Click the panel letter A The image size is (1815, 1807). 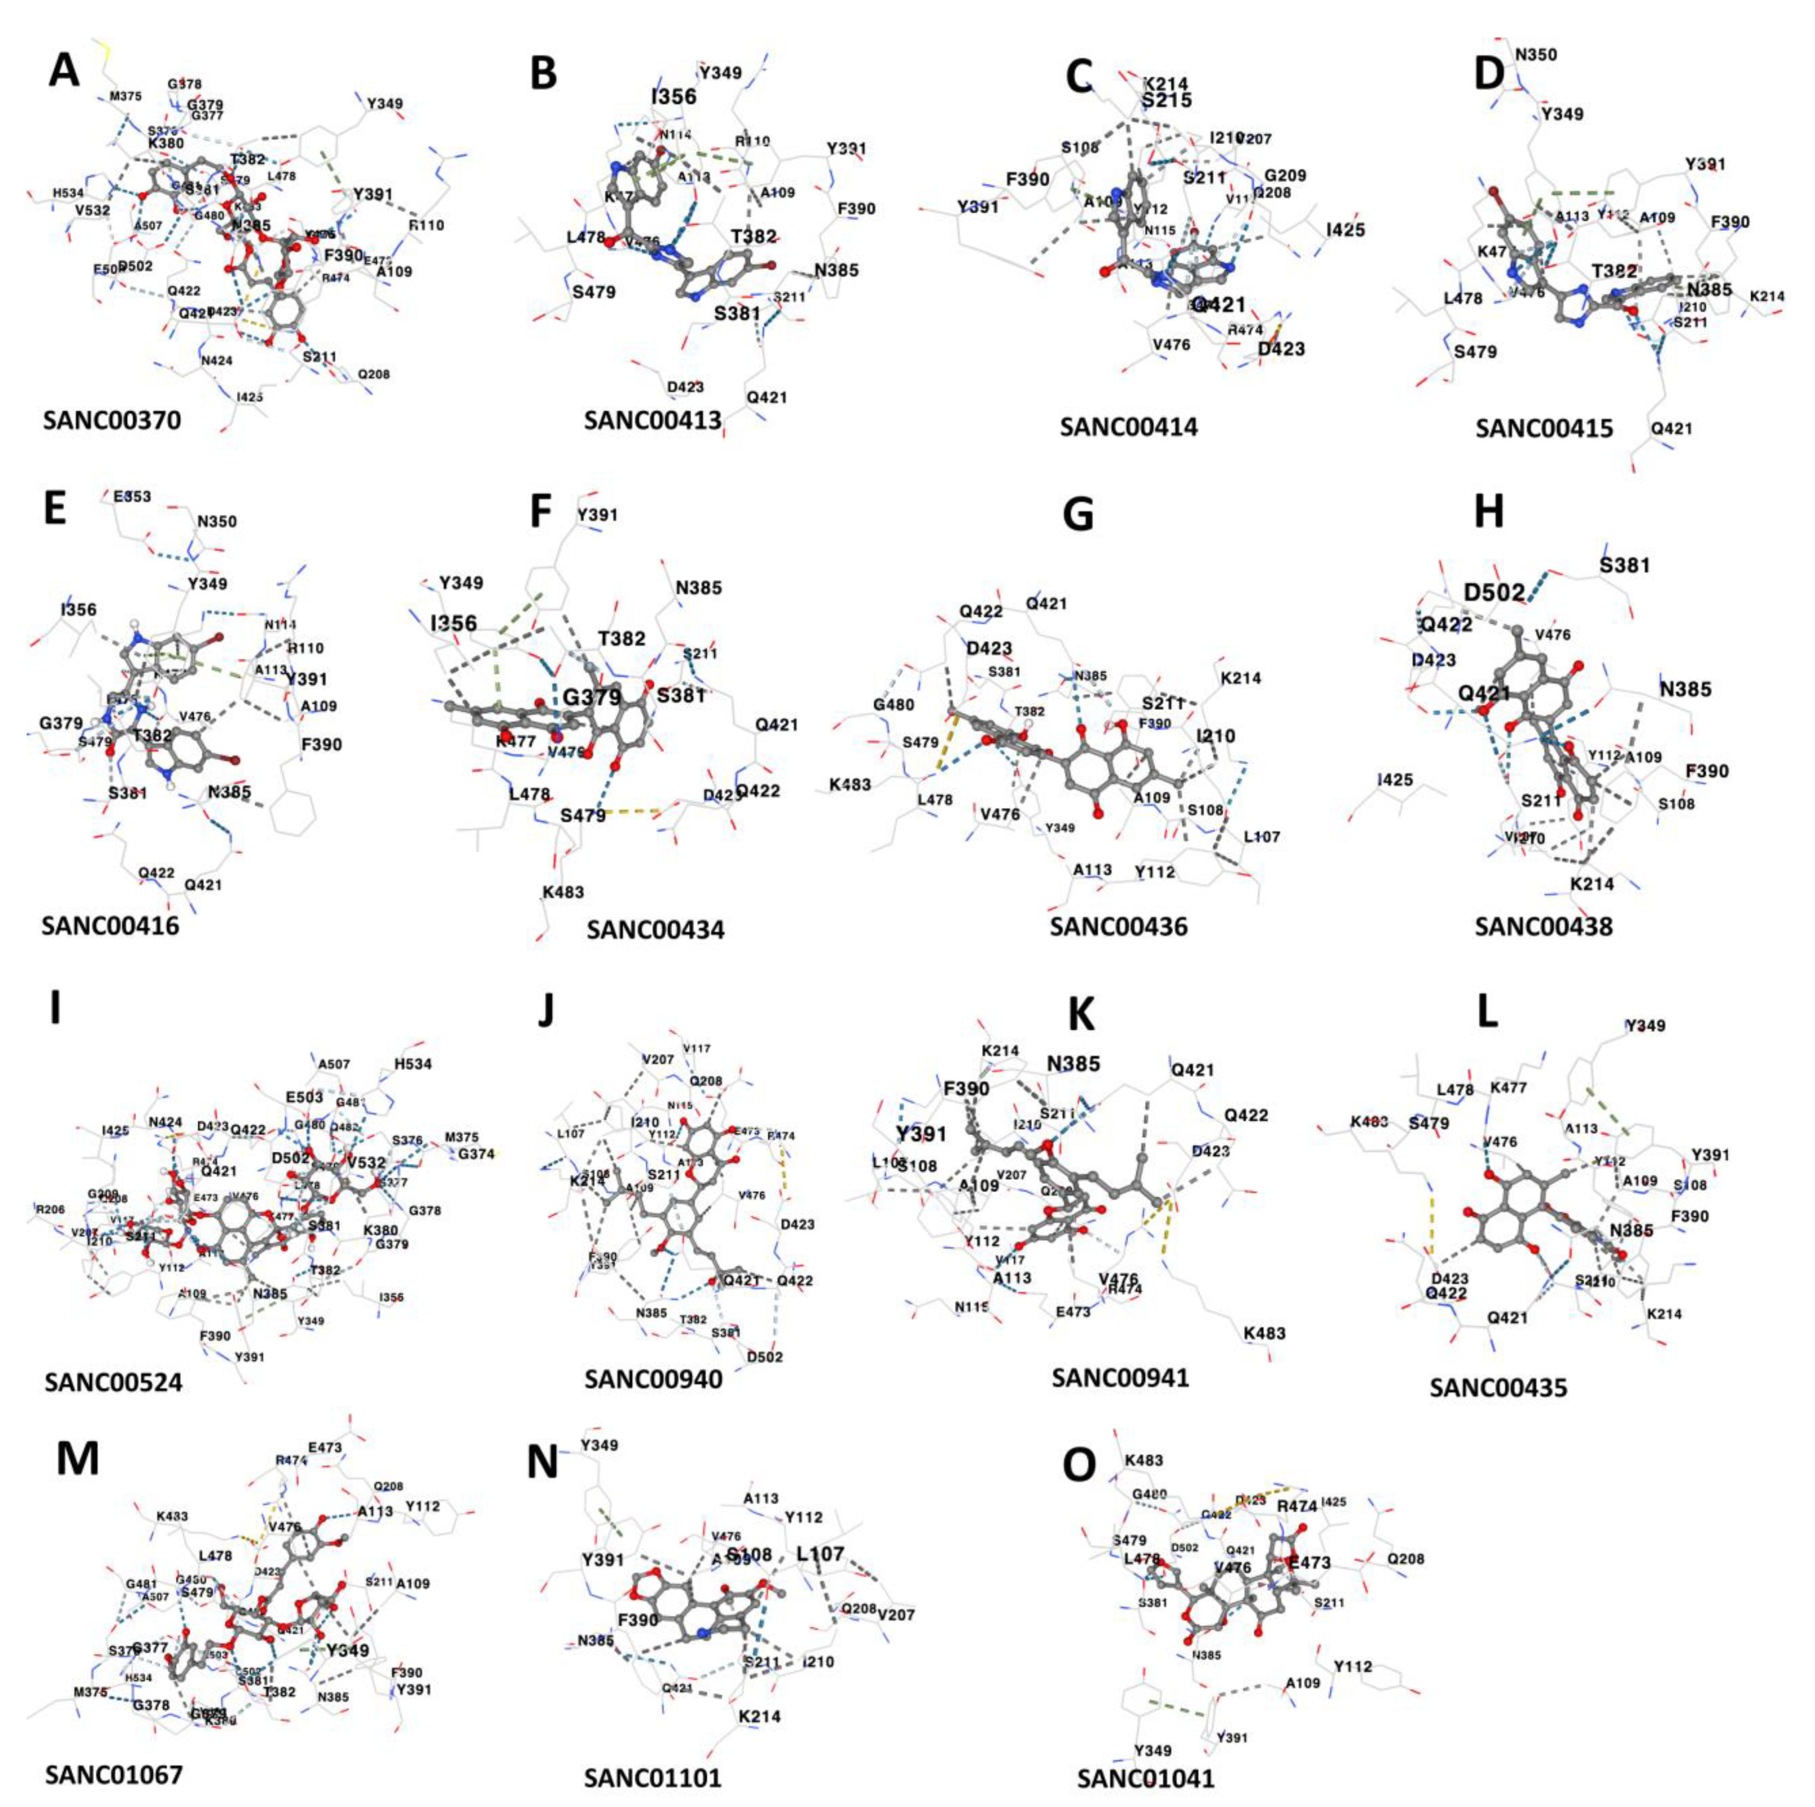click(64, 69)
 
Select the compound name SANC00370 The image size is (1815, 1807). click(112, 420)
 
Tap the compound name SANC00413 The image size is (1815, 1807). click(653, 420)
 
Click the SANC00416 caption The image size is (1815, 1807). click(110, 925)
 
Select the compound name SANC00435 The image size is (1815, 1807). click(1499, 1387)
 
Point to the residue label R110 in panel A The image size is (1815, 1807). click(425, 225)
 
